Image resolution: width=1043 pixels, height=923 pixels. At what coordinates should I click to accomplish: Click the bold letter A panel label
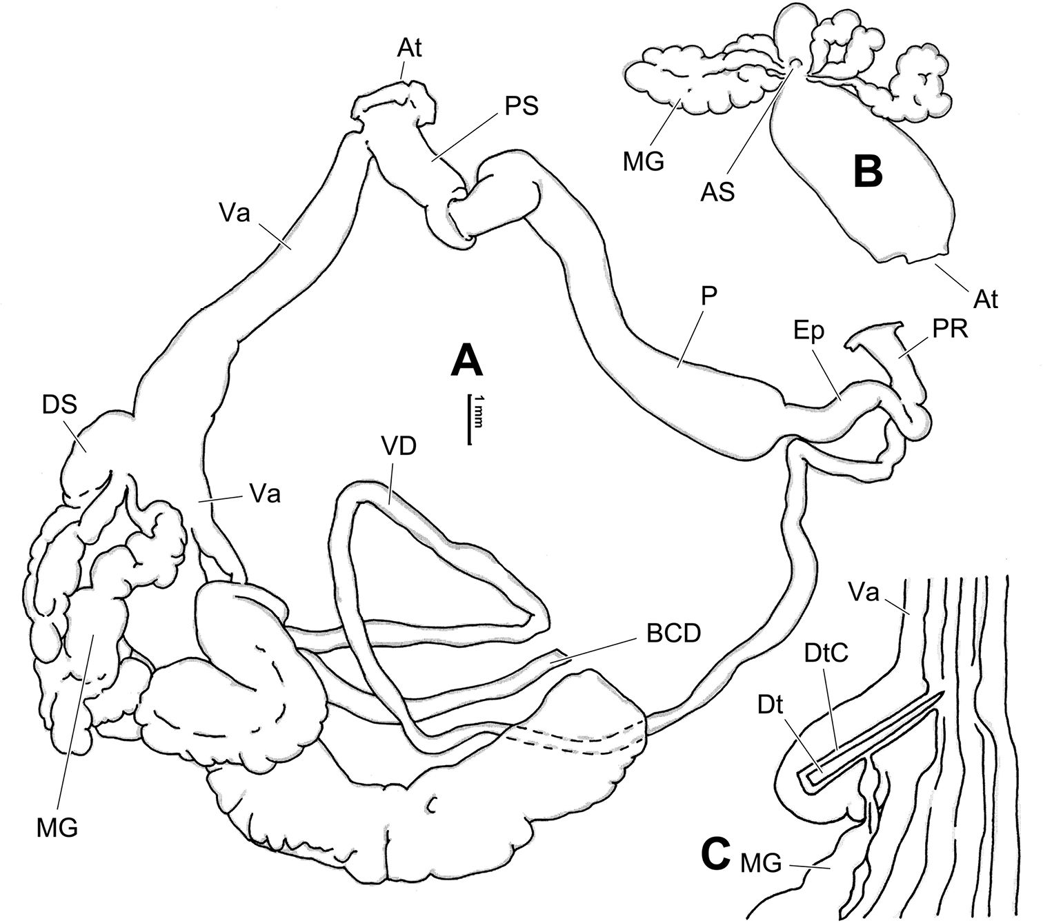click(x=466, y=362)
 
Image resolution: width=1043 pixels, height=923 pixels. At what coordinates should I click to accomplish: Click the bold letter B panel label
click(x=867, y=172)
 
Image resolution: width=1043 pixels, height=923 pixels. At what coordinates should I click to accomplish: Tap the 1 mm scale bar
click(x=470, y=419)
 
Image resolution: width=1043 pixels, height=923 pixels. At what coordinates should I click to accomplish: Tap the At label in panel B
click(x=987, y=301)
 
